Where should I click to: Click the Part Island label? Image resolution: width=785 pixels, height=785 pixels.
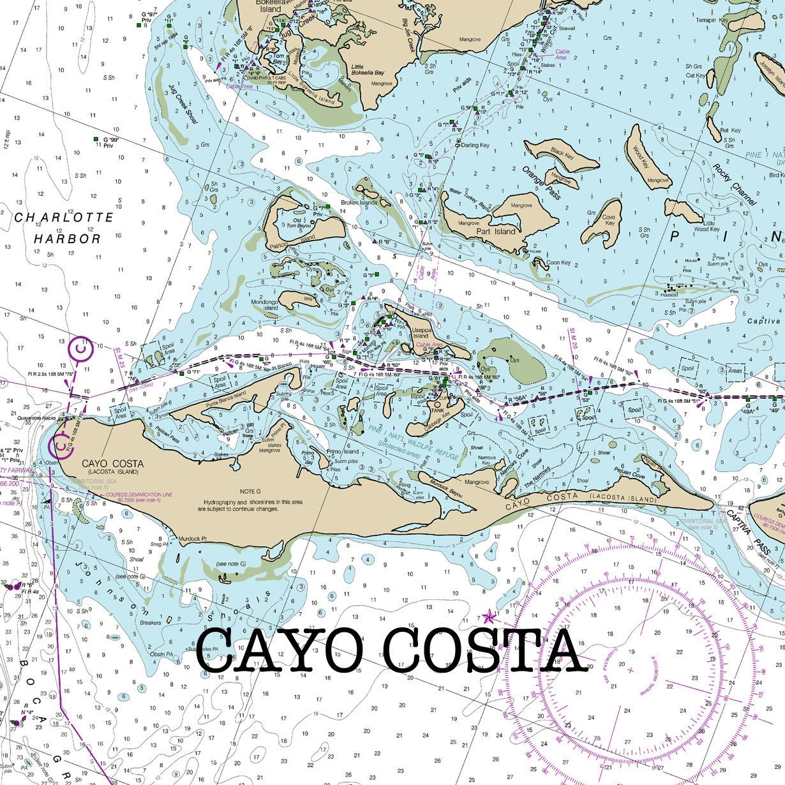point(496,231)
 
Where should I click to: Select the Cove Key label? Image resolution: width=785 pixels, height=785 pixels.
point(609,220)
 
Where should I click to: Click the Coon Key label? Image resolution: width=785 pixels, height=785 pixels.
point(558,262)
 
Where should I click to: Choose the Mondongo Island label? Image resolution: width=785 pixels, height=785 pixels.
point(265,304)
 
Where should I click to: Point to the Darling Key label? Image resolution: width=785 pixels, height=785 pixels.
point(475,146)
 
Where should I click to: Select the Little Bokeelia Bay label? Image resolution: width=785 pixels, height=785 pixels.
point(368,70)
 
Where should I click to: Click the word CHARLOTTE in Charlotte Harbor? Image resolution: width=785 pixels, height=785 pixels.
point(64,218)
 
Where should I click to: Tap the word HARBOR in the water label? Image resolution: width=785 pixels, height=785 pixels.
point(67,239)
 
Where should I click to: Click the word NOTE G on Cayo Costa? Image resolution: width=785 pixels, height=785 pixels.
point(251,491)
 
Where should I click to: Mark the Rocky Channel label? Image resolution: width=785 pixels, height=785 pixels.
point(734,185)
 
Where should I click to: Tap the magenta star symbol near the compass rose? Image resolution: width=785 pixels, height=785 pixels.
point(490,617)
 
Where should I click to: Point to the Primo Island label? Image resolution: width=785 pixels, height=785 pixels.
point(343,451)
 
